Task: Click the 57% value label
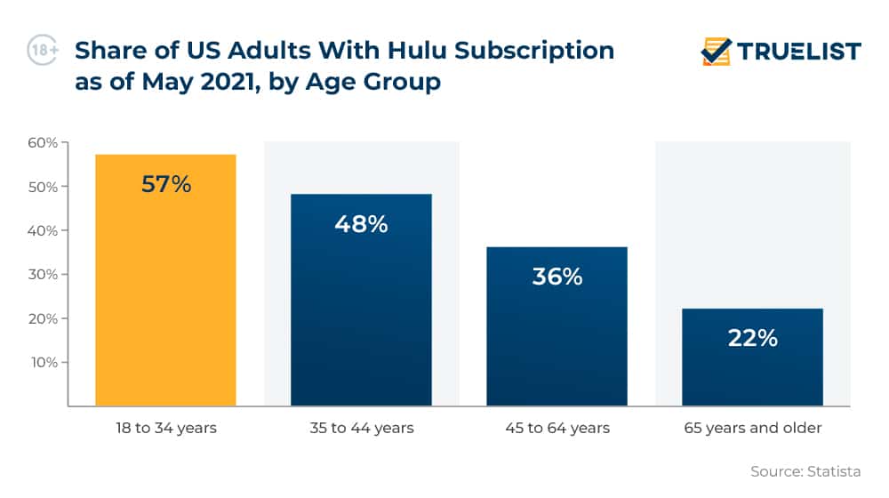(166, 185)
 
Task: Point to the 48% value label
(361, 224)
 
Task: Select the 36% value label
(557, 277)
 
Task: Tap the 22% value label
(752, 338)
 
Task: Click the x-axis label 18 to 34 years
(165, 429)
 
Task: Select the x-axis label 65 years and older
(752, 429)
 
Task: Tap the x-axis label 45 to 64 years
(557, 429)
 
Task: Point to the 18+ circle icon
(43, 51)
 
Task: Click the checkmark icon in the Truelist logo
(716, 52)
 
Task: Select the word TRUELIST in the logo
(799, 52)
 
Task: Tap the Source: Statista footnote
(805, 471)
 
